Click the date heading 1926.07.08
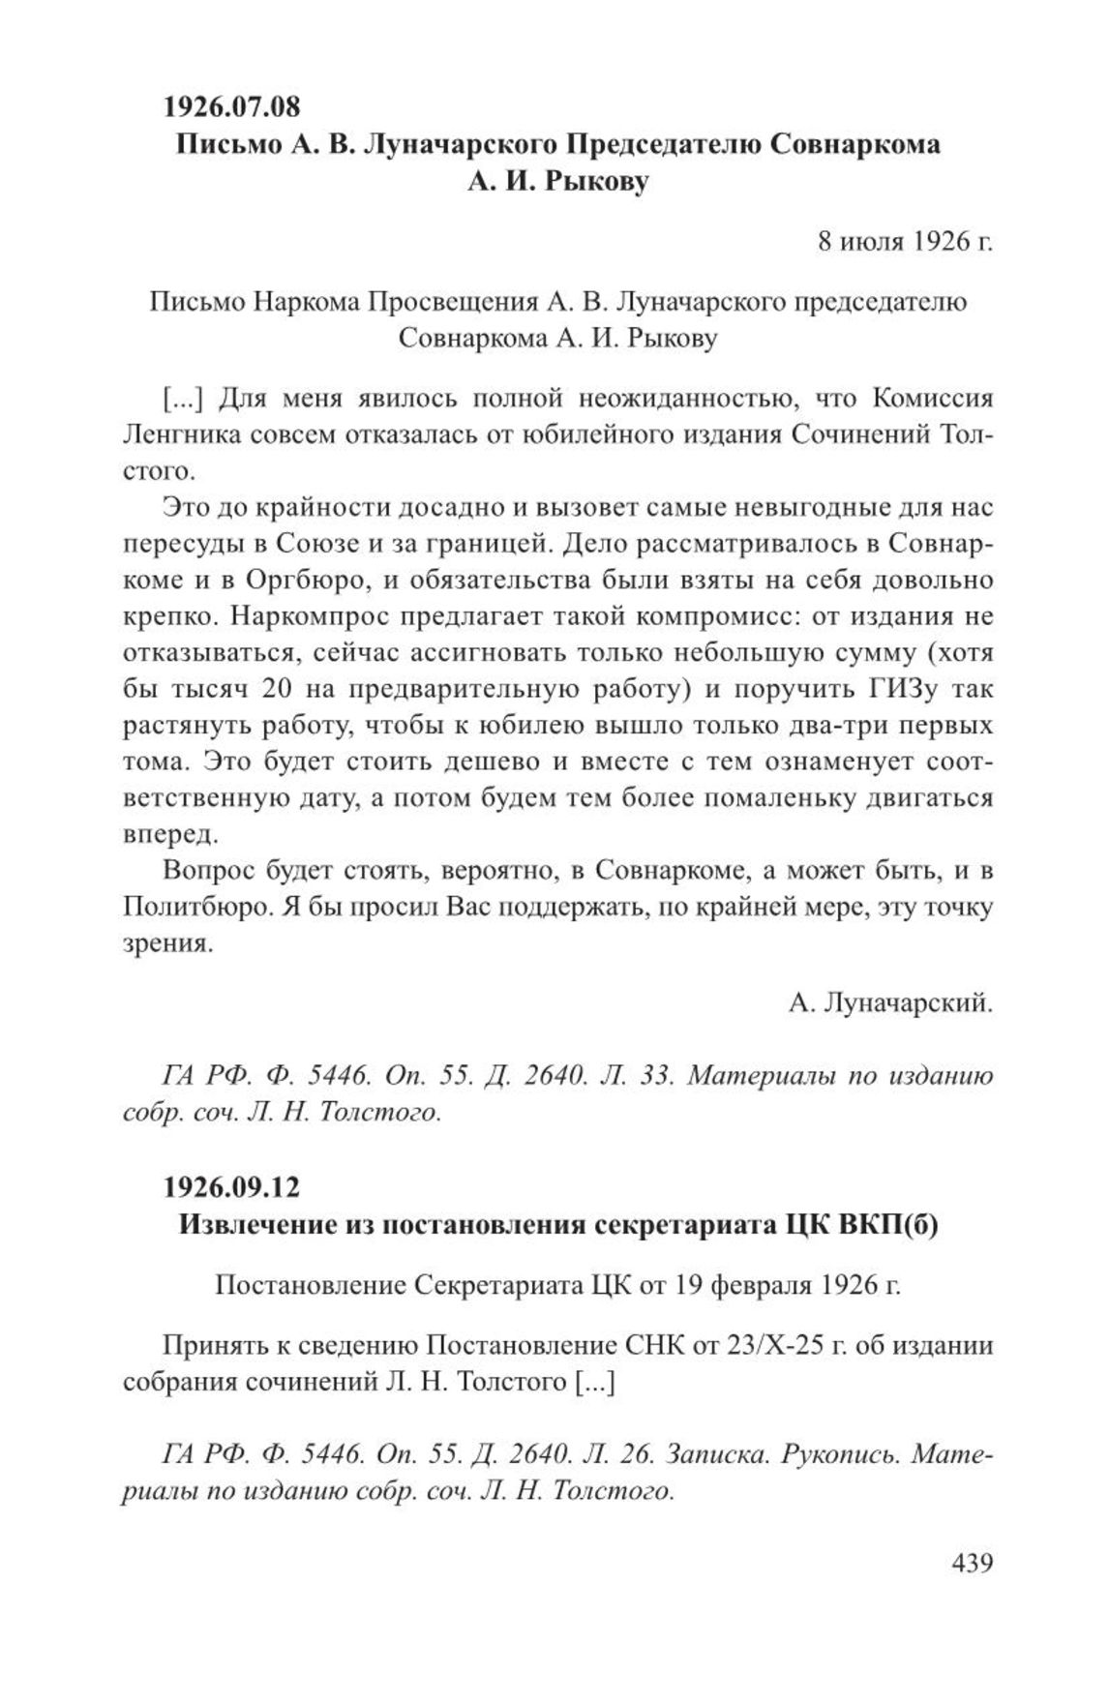coord(231,104)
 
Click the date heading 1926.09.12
coord(231,1185)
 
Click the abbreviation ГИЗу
coord(903,688)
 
